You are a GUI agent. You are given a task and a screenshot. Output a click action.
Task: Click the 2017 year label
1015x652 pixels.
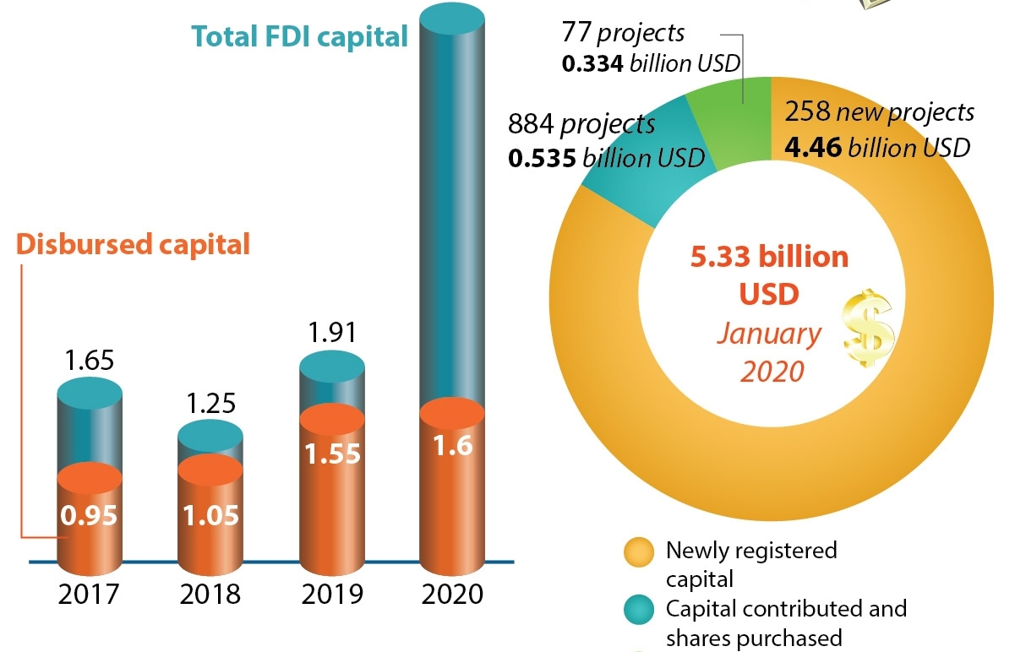coord(89,593)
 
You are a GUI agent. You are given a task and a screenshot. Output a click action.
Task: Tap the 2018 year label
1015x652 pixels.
coord(210,593)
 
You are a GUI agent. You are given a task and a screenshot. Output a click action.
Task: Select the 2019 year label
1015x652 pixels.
coord(332,593)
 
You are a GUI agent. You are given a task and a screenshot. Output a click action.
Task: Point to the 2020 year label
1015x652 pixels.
coord(452,593)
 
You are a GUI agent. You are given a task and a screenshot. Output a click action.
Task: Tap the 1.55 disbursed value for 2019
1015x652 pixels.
coord(332,454)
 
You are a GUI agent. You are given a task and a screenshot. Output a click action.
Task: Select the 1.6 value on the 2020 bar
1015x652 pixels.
coord(452,448)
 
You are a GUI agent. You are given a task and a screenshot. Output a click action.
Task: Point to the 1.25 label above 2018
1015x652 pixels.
coord(210,403)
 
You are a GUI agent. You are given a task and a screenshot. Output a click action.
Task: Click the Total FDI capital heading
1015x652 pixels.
coord(300,37)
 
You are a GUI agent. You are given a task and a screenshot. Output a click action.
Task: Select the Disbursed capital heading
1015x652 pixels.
coord(134,244)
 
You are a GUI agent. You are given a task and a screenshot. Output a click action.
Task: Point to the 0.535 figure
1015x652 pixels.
coord(541,158)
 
